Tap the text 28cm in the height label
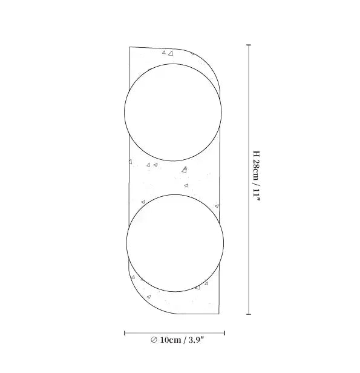(x=257, y=168)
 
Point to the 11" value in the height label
(x=257, y=196)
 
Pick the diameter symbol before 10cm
(x=154, y=340)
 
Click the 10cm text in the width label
(x=171, y=340)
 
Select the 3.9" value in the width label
(x=196, y=340)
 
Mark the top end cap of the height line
(x=249, y=45)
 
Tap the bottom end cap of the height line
(x=249, y=314)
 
